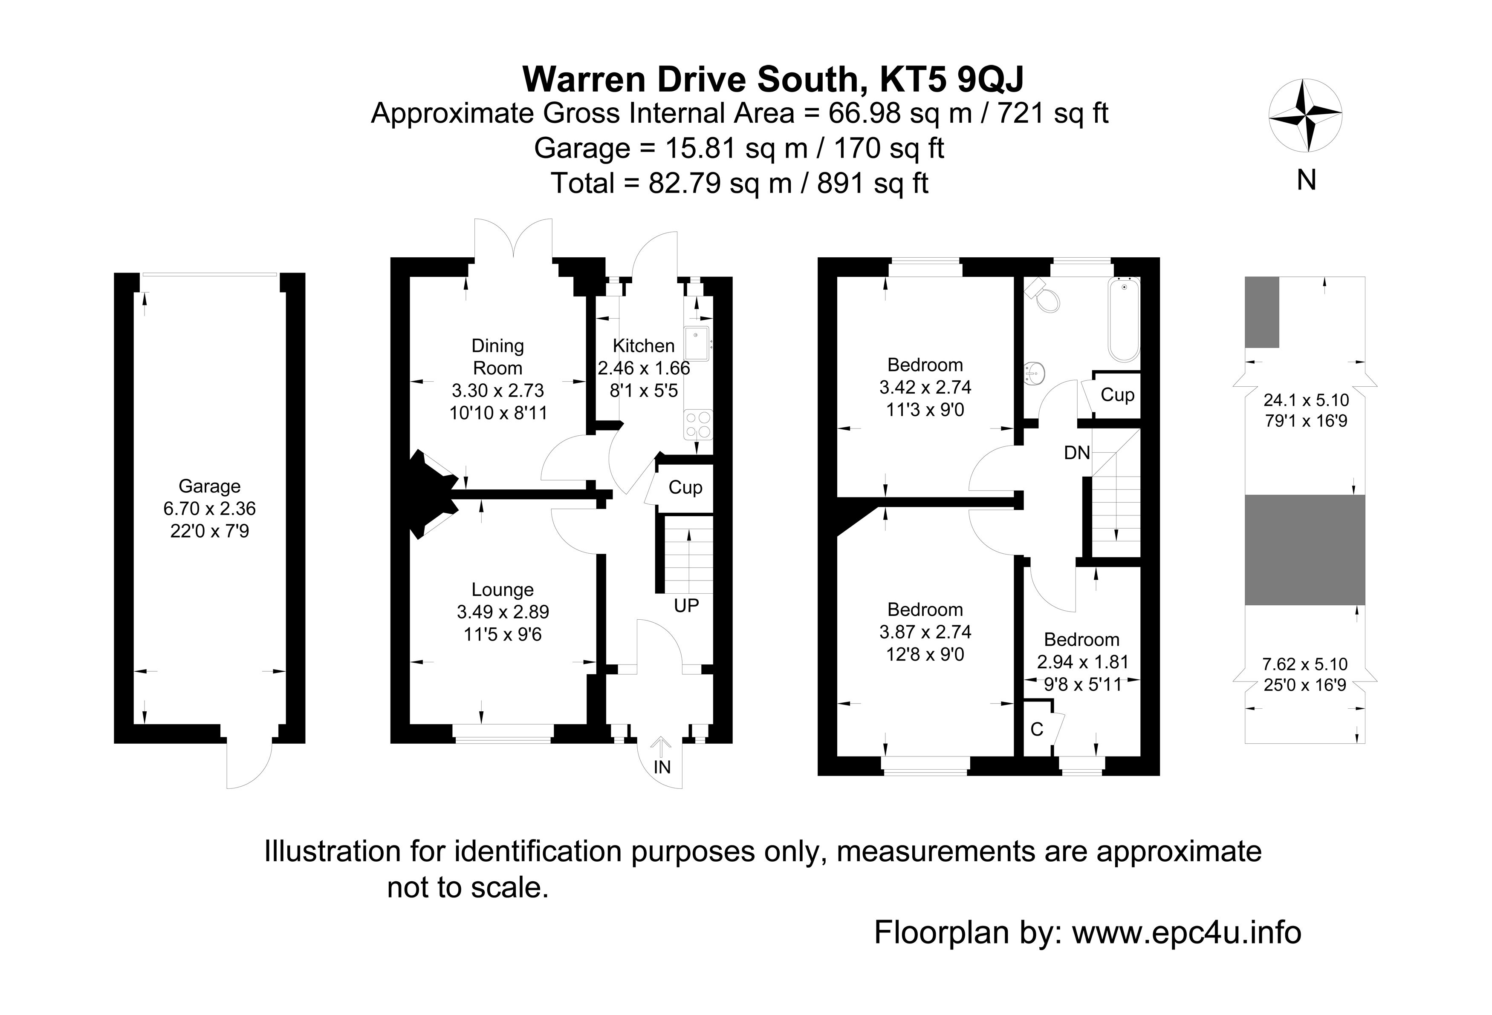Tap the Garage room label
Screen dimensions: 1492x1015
(209, 486)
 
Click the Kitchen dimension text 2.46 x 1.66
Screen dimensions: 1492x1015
(644, 368)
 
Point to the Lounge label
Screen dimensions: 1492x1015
(503, 589)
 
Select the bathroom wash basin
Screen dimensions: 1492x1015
(1034, 372)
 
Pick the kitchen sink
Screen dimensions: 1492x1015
(697, 344)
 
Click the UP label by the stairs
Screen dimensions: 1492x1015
(686, 606)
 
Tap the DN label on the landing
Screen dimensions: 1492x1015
(1077, 453)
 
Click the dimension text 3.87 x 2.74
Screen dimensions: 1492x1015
(925, 632)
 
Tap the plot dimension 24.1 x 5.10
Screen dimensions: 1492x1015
(1306, 400)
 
